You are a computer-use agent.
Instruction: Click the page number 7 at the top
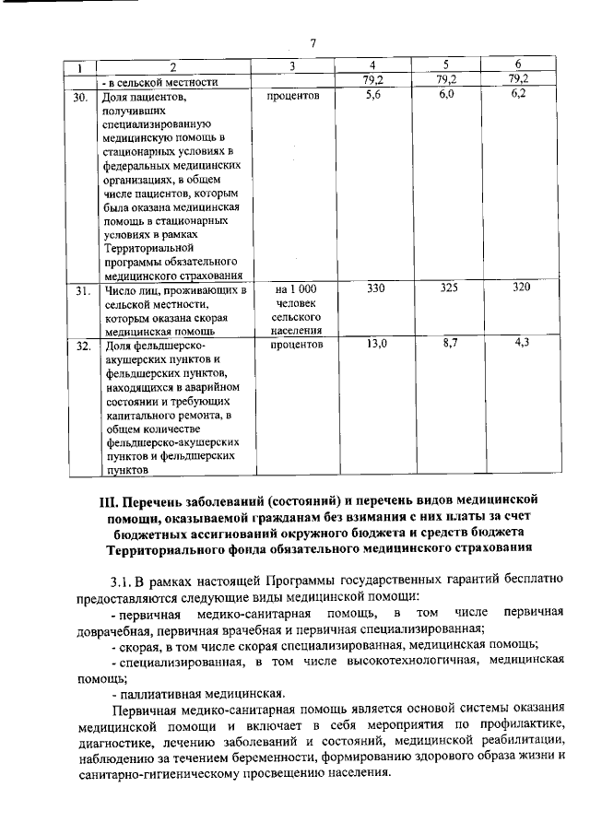coord(313,44)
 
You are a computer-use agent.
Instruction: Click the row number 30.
coord(81,96)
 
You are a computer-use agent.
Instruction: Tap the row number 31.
coord(81,291)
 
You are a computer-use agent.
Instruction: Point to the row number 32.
coord(81,347)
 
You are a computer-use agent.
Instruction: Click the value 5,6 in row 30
coord(373,95)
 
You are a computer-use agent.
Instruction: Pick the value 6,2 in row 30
coord(517,95)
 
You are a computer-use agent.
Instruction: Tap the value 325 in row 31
coord(447,290)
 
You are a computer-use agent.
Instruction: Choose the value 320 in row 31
coord(518,290)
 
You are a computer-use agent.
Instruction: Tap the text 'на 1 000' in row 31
coord(295,291)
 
